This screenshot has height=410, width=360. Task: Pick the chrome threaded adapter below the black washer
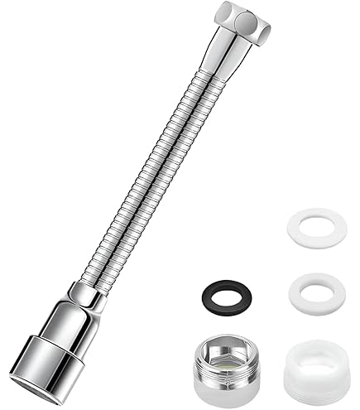[221, 360]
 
